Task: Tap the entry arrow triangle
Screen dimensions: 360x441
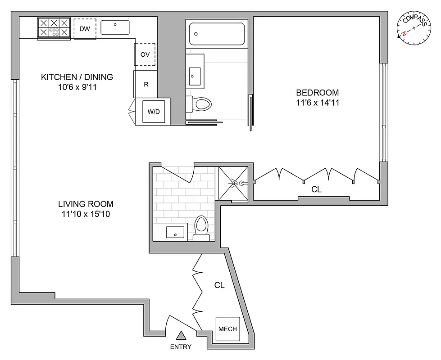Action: [181, 335]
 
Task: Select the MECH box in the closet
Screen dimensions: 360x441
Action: [227, 329]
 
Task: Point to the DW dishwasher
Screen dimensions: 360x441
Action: [85, 29]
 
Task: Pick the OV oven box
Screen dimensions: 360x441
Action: [145, 54]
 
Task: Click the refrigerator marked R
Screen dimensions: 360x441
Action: [145, 84]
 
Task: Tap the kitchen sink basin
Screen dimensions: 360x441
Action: [115, 27]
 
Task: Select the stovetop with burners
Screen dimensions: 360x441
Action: [54, 28]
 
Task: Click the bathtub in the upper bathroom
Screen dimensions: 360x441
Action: [217, 34]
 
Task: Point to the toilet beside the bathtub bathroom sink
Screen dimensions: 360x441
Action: [199, 104]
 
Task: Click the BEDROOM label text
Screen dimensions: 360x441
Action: [317, 93]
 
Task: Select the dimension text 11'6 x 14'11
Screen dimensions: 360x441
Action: [317, 103]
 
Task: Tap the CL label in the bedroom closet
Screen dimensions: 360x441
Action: [317, 189]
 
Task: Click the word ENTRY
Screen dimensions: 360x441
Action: [181, 346]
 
